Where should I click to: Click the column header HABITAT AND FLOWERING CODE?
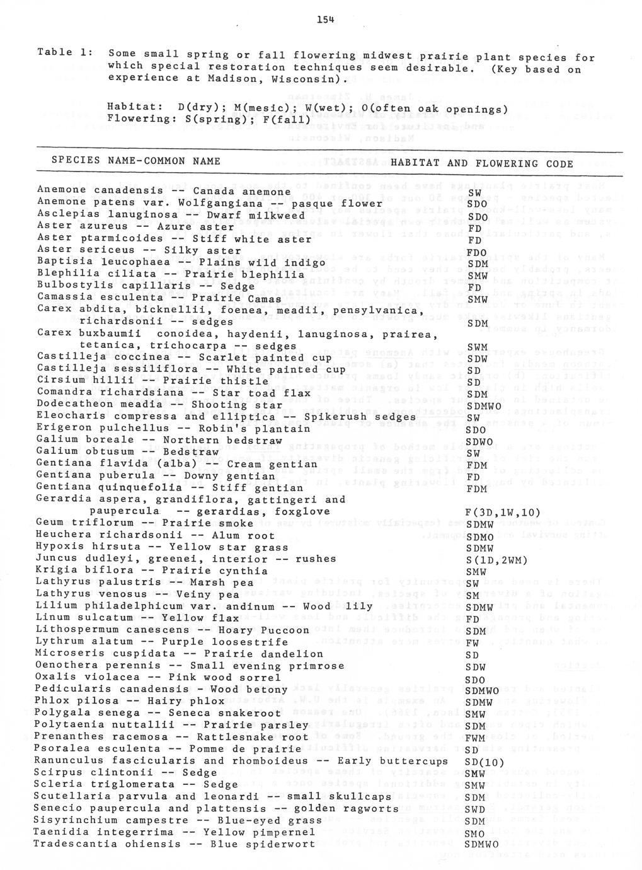(482, 164)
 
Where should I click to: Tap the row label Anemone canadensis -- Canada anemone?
(164, 190)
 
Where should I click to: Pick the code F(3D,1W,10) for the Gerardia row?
(502, 513)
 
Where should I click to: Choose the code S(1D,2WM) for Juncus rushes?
(496, 560)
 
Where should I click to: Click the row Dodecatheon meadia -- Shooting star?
(160, 405)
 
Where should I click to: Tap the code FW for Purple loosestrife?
(473, 643)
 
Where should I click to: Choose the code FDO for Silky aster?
(476, 252)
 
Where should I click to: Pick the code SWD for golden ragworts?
(476, 809)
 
